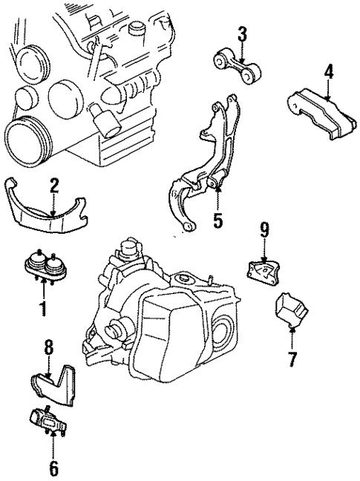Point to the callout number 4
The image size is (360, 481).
point(328,72)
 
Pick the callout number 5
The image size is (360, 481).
point(217,220)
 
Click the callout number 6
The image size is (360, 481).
point(53,468)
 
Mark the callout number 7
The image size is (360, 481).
point(292,360)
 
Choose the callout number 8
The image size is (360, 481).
point(49,347)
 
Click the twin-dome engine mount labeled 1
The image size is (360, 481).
point(45,268)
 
